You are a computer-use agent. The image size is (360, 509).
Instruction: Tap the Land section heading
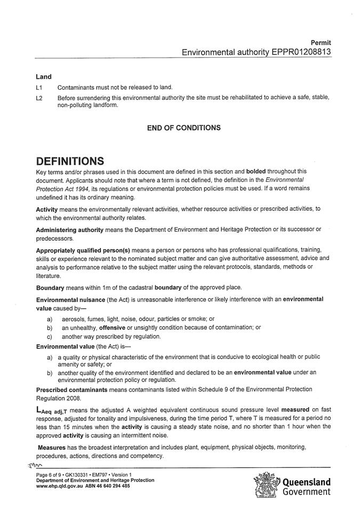tap(43, 77)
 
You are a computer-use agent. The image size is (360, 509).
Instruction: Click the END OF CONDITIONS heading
tap(183, 128)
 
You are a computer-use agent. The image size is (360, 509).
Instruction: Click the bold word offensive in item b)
tap(116, 327)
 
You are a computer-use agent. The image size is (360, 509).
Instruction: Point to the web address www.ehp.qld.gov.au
tap(61, 486)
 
